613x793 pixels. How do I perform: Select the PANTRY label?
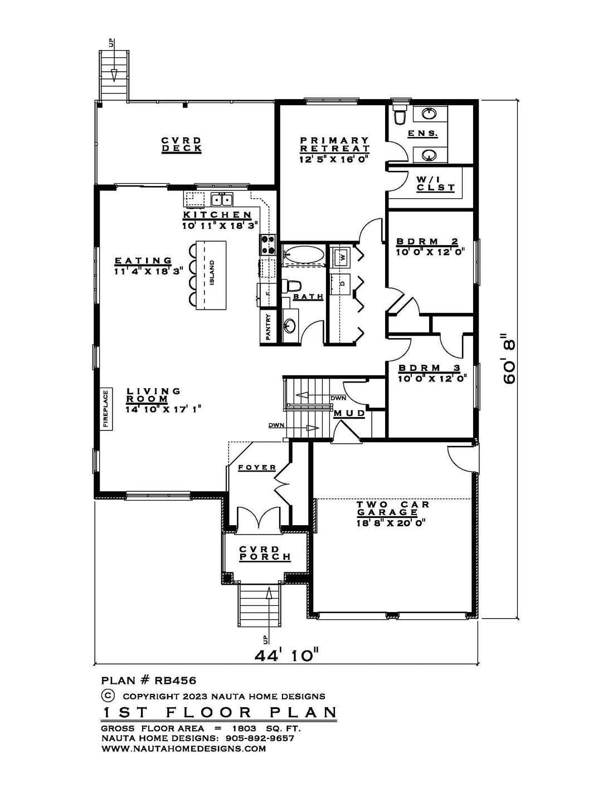click(x=269, y=327)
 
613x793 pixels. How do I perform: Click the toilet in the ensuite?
click(x=400, y=115)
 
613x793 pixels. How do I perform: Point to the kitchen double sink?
click(x=222, y=199)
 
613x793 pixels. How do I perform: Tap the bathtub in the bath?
click(x=303, y=254)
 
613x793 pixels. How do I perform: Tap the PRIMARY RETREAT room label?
click(x=334, y=145)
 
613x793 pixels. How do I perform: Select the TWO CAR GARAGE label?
click(x=387, y=508)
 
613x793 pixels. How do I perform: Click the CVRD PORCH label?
click(x=265, y=553)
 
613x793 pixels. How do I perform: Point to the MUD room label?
click(x=349, y=413)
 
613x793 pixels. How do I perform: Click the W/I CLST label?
click(x=436, y=184)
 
